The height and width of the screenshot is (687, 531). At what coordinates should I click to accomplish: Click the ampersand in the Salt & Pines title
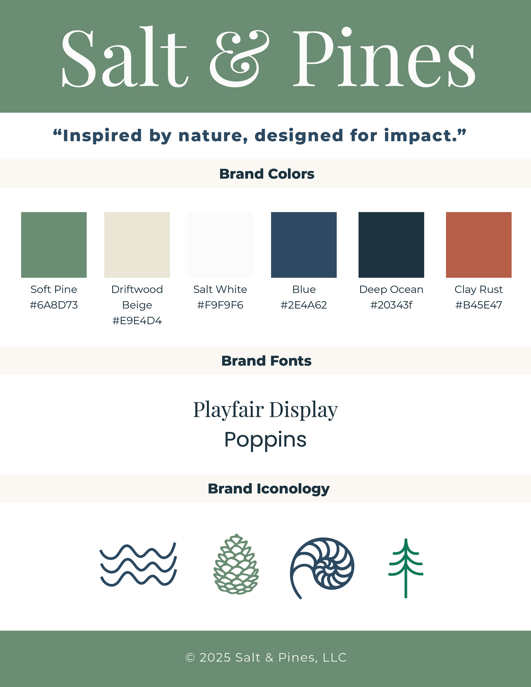point(239,59)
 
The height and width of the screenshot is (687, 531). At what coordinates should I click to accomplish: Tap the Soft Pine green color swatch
point(54,245)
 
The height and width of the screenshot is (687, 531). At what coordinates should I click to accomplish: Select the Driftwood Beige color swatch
point(137,245)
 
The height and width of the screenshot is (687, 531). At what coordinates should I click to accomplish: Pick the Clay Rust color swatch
point(478,245)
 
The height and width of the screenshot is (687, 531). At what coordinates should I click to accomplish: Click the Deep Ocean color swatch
point(391,245)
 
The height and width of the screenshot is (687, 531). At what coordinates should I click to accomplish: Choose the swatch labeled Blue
point(304,245)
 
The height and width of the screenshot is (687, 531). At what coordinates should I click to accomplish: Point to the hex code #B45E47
point(478,305)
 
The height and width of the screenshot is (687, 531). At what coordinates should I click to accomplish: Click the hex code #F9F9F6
point(220,305)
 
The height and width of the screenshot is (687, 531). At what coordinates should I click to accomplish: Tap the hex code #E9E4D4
point(137,320)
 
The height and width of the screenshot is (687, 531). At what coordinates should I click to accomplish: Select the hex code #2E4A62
point(304,305)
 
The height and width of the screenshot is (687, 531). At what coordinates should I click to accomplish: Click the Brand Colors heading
point(267,174)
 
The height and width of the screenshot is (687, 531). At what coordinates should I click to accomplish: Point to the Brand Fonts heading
point(266,361)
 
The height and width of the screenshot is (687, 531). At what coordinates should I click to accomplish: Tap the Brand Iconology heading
point(269,489)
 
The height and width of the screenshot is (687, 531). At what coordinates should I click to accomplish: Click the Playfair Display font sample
point(265,409)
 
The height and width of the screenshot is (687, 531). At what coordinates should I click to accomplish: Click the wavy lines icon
point(138,565)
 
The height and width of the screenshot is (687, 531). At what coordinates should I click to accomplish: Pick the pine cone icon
point(236,564)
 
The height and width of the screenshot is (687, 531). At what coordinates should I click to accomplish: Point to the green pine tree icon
point(406,568)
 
